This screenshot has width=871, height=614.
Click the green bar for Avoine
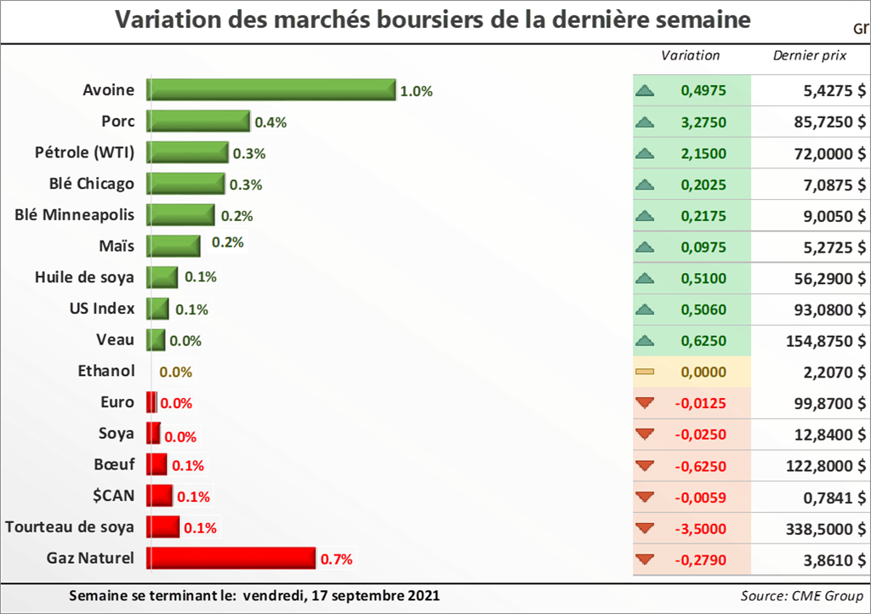point(270,90)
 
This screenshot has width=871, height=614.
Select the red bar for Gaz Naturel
point(231,558)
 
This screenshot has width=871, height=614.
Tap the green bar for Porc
point(197,122)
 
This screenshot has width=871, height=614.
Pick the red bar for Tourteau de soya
point(162,527)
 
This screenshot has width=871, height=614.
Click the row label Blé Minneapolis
point(75,214)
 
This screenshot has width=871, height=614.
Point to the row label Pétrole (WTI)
point(85,152)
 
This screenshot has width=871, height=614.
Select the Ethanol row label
point(105,371)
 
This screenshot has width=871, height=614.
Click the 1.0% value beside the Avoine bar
point(417,91)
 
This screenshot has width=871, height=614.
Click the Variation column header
point(690,55)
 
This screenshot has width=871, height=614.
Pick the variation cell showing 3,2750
point(703,122)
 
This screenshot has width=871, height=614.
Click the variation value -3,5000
point(701,528)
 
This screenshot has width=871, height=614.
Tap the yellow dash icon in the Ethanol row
point(645,372)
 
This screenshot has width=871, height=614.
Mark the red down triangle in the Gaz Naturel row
point(645,560)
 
